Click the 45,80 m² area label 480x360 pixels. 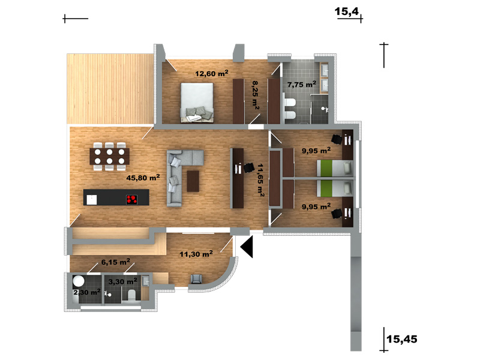coord(143,178)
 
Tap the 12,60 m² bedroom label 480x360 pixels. coord(212,73)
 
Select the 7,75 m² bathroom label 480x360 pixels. coord(302,84)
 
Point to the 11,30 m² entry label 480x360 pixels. coord(196,254)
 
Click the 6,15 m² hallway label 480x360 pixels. coord(115,262)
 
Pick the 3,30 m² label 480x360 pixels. coord(123,281)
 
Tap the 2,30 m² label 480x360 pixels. coord(87,292)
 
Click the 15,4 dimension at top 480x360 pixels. coord(347,11)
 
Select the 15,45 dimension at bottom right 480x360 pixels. coord(401,339)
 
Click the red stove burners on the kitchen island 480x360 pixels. coord(131,200)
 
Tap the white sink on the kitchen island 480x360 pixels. coord(92,200)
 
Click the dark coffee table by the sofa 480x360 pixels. coord(193,181)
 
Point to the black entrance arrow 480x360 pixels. coord(247,247)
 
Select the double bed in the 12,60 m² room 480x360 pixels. coord(197,103)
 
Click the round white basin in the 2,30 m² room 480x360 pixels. coord(79,281)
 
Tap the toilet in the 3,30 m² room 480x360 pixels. coord(131,295)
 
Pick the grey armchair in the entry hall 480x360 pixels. coord(196,279)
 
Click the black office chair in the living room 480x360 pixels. coord(248,168)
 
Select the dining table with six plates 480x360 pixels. coord(109,156)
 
